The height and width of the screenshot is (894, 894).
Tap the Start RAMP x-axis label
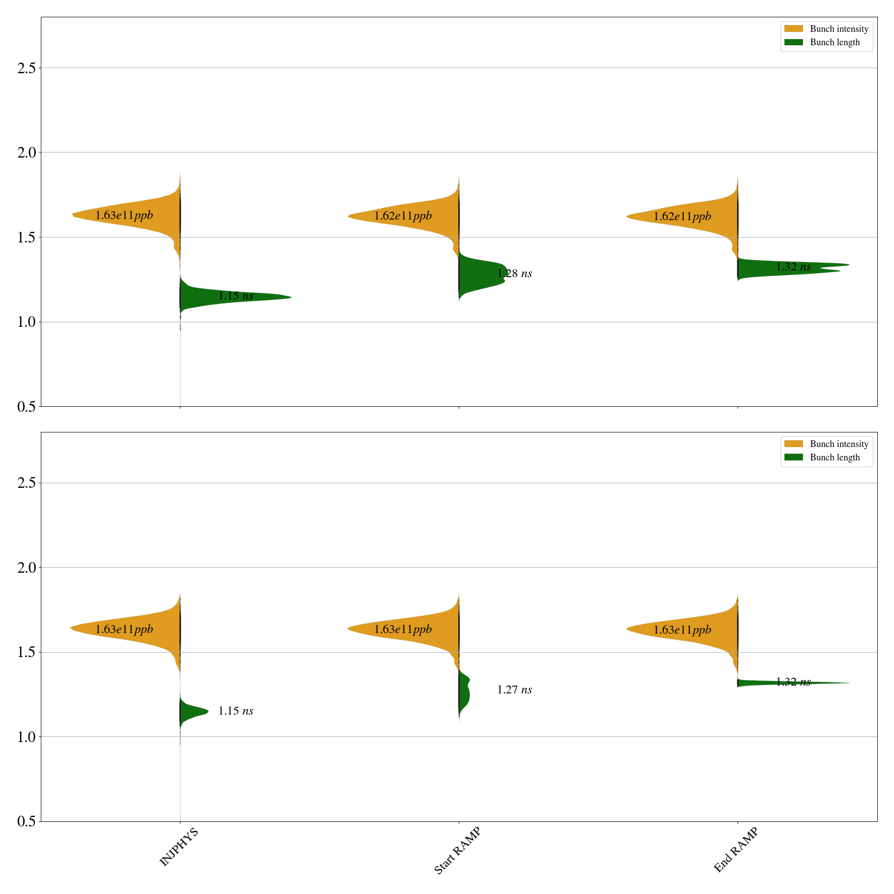pyautogui.click(x=458, y=850)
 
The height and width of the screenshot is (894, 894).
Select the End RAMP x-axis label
pyautogui.click(x=736, y=850)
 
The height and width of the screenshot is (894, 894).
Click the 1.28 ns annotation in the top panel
pyautogui.click(x=515, y=274)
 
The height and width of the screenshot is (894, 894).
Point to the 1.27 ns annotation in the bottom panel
pyautogui.click(x=515, y=690)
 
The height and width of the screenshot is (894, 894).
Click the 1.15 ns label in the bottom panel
pyautogui.click(x=236, y=711)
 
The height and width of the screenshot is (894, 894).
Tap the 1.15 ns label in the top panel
pyautogui.click(x=236, y=296)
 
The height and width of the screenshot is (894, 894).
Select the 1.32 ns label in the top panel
pyautogui.click(x=793, y=267)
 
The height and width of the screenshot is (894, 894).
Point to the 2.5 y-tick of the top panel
pyautogui.click(x=26, y=68)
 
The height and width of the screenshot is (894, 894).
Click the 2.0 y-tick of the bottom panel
pyautogui.click(x=26, y=568)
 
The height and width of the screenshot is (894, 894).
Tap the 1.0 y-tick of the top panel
pyautogui.click(x=26, y=322)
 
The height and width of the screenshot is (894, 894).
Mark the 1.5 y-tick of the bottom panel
pyautogui.click(x=26, y=653)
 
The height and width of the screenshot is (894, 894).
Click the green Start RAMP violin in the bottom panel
pyautogui.click(x=464, y=693)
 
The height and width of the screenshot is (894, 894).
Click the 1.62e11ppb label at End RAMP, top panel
pyautogui.click(x=682, y=216)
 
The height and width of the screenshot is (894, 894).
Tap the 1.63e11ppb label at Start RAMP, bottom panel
pyautogui.click(x=403, y=630)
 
